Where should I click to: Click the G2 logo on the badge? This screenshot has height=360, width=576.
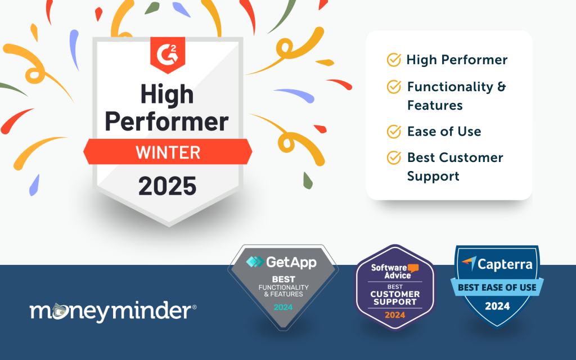coord(168,55)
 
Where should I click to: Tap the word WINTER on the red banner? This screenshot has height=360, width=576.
coord(168,152)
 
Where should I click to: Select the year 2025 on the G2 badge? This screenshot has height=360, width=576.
coord(168,186)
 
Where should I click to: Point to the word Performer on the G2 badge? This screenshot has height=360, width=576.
coord(166,121)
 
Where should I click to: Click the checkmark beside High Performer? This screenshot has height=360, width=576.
coord(394,60)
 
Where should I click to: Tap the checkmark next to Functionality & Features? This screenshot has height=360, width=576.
coord(394,87)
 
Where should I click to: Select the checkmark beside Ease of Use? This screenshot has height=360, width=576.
coord(394,132)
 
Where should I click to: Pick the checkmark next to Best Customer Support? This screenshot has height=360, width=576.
coord(394,157)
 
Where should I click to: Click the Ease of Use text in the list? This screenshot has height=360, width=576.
coord(444,132)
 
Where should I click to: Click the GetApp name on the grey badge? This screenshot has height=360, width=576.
coord(291,262)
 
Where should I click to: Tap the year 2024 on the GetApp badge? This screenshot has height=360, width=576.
coord(283,307)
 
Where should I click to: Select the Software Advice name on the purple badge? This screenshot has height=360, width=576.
coord(391,272)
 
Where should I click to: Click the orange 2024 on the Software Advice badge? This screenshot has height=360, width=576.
coord(395,315)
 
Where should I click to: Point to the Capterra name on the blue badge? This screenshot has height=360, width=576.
coord(505,264)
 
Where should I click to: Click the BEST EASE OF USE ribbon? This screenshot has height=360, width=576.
coord(497,287)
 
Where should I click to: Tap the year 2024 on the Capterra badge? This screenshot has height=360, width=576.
coord(497,306)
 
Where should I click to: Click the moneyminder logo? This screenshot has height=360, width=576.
coord(112,312)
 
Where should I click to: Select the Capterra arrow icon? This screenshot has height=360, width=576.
coord(469,263)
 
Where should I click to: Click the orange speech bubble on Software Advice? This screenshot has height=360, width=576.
coord(413,268)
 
